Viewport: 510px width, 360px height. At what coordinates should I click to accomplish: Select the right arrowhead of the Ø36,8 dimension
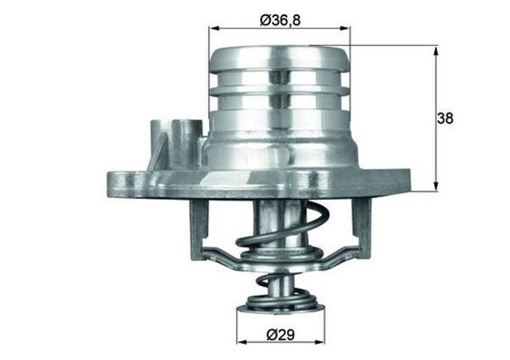pos(347,28)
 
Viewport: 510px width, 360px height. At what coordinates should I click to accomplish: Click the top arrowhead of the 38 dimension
pos(436,49)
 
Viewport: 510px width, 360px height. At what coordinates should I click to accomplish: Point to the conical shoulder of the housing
pos(279,147)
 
